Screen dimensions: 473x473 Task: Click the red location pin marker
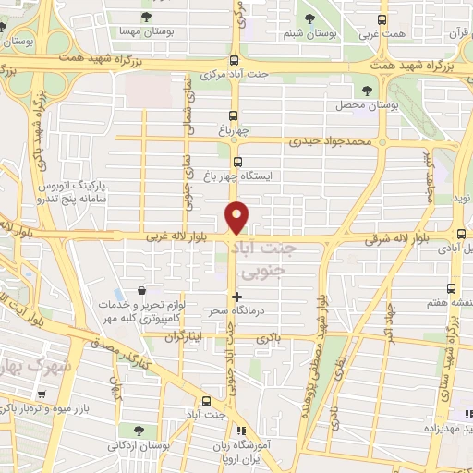click(x=237, y=216)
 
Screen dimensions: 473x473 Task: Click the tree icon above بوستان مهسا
click(x=146, y=17)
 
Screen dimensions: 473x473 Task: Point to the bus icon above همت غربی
click(x=384, y=18)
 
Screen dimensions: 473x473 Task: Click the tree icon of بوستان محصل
click(x=369, y=91)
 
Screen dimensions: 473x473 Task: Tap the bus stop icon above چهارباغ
click(x=233, y=116)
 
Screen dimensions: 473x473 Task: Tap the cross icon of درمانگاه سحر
click(x=238, y=297)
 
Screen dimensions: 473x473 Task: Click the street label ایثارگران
click(x=183, y=339)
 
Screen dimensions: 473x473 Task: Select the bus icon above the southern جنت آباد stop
click(x=206, y=401)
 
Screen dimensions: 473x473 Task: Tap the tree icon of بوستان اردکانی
click(x=139, y=431)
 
